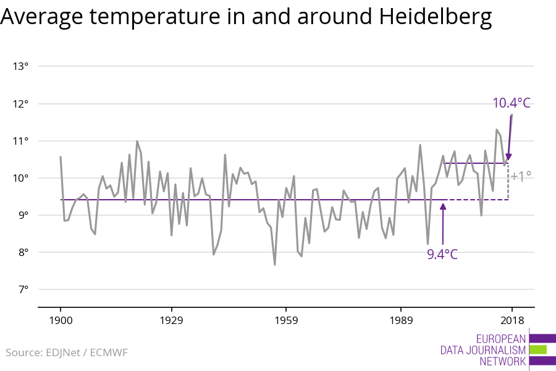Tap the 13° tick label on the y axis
pyautogui.click(x=20, y=67)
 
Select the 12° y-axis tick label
pyautogui.click(x=20, y=104)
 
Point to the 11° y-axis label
pyautogui.click(x=20, y=141)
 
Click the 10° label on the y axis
pyautogui.click(x=20, y=178)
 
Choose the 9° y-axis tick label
pyautogui.click(x=22, y=215)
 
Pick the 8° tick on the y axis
pyautogui.click(x=22, y=252)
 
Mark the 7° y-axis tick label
pyautogui.click(x=22, y=289)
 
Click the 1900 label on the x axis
pyautogui.click(x=61, y=320)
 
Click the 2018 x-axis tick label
pyautogui.click(x=512, y=320)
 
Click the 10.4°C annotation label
pyautogui.click(x=512, y=103)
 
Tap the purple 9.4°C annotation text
pyautogui.click(x=442, y=254)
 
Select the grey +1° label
pyautogui.click(x=521, y=176)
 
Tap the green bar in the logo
pyautogui.click(x=538, y=350)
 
